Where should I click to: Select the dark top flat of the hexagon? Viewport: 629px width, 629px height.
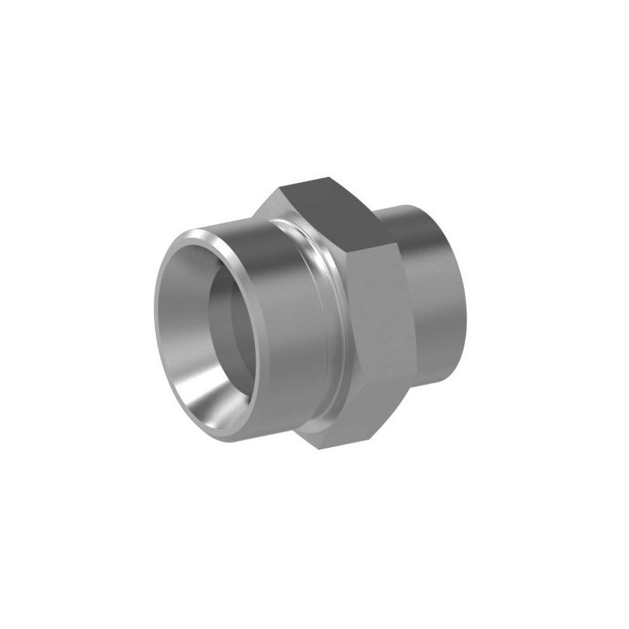[327, 202]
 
